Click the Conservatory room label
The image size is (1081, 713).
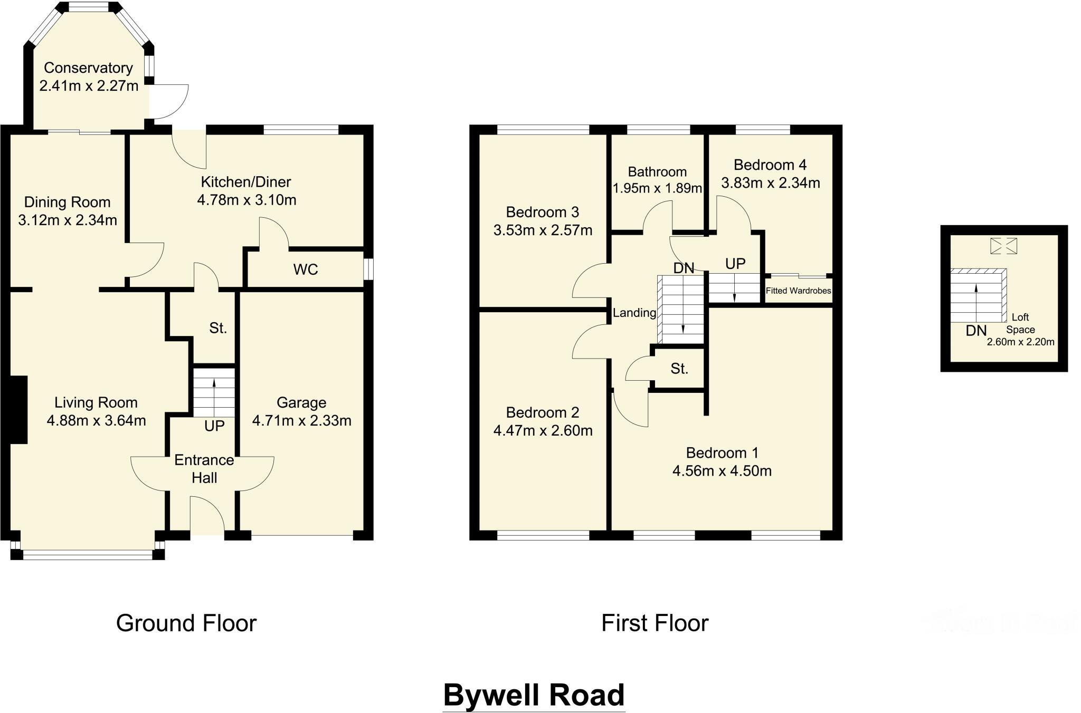88,68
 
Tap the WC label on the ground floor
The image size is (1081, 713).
306,269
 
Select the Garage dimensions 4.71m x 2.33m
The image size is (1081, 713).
301,420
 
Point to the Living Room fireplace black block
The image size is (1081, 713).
19,410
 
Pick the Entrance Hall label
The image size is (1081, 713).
204,469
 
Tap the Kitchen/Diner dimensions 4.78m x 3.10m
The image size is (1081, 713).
246,200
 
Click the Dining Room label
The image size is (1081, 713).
68,202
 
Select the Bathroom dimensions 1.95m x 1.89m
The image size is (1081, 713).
657,188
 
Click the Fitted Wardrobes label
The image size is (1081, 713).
798,291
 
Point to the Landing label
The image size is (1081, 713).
634,313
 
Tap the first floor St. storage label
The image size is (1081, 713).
679,369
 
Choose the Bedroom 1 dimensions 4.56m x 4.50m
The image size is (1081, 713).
722,470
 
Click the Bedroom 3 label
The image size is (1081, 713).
543,212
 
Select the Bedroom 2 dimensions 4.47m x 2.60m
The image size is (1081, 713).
543,430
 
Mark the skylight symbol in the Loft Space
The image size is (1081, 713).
1003,246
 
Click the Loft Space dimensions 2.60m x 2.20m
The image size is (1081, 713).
1021,342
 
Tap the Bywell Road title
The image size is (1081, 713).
534,695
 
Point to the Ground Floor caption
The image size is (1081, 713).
186,623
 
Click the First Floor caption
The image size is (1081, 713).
655,623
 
